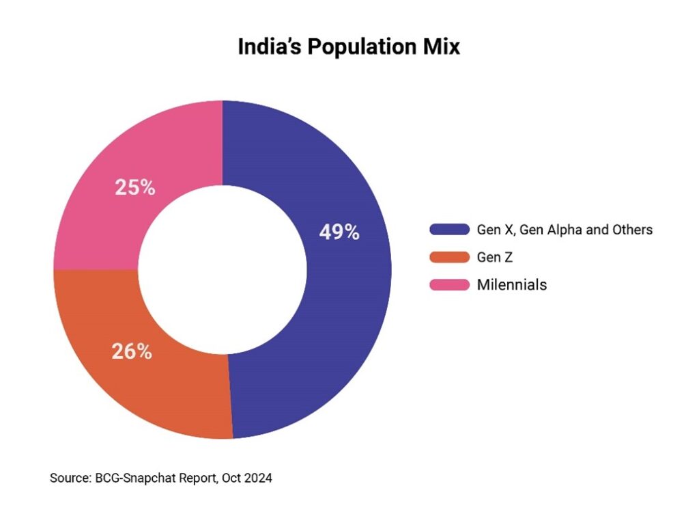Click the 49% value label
tap(339, 232)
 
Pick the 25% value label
tap(134, 187)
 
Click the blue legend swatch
tap(449, 230)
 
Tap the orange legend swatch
tap(449, 258)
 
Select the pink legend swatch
tap(449, 285)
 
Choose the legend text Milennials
tap(512, 285)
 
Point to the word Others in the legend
tap(632, 230)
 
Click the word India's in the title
tap(269, 47)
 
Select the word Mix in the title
tap(443, 47)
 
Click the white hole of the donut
tap(223, 269)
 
